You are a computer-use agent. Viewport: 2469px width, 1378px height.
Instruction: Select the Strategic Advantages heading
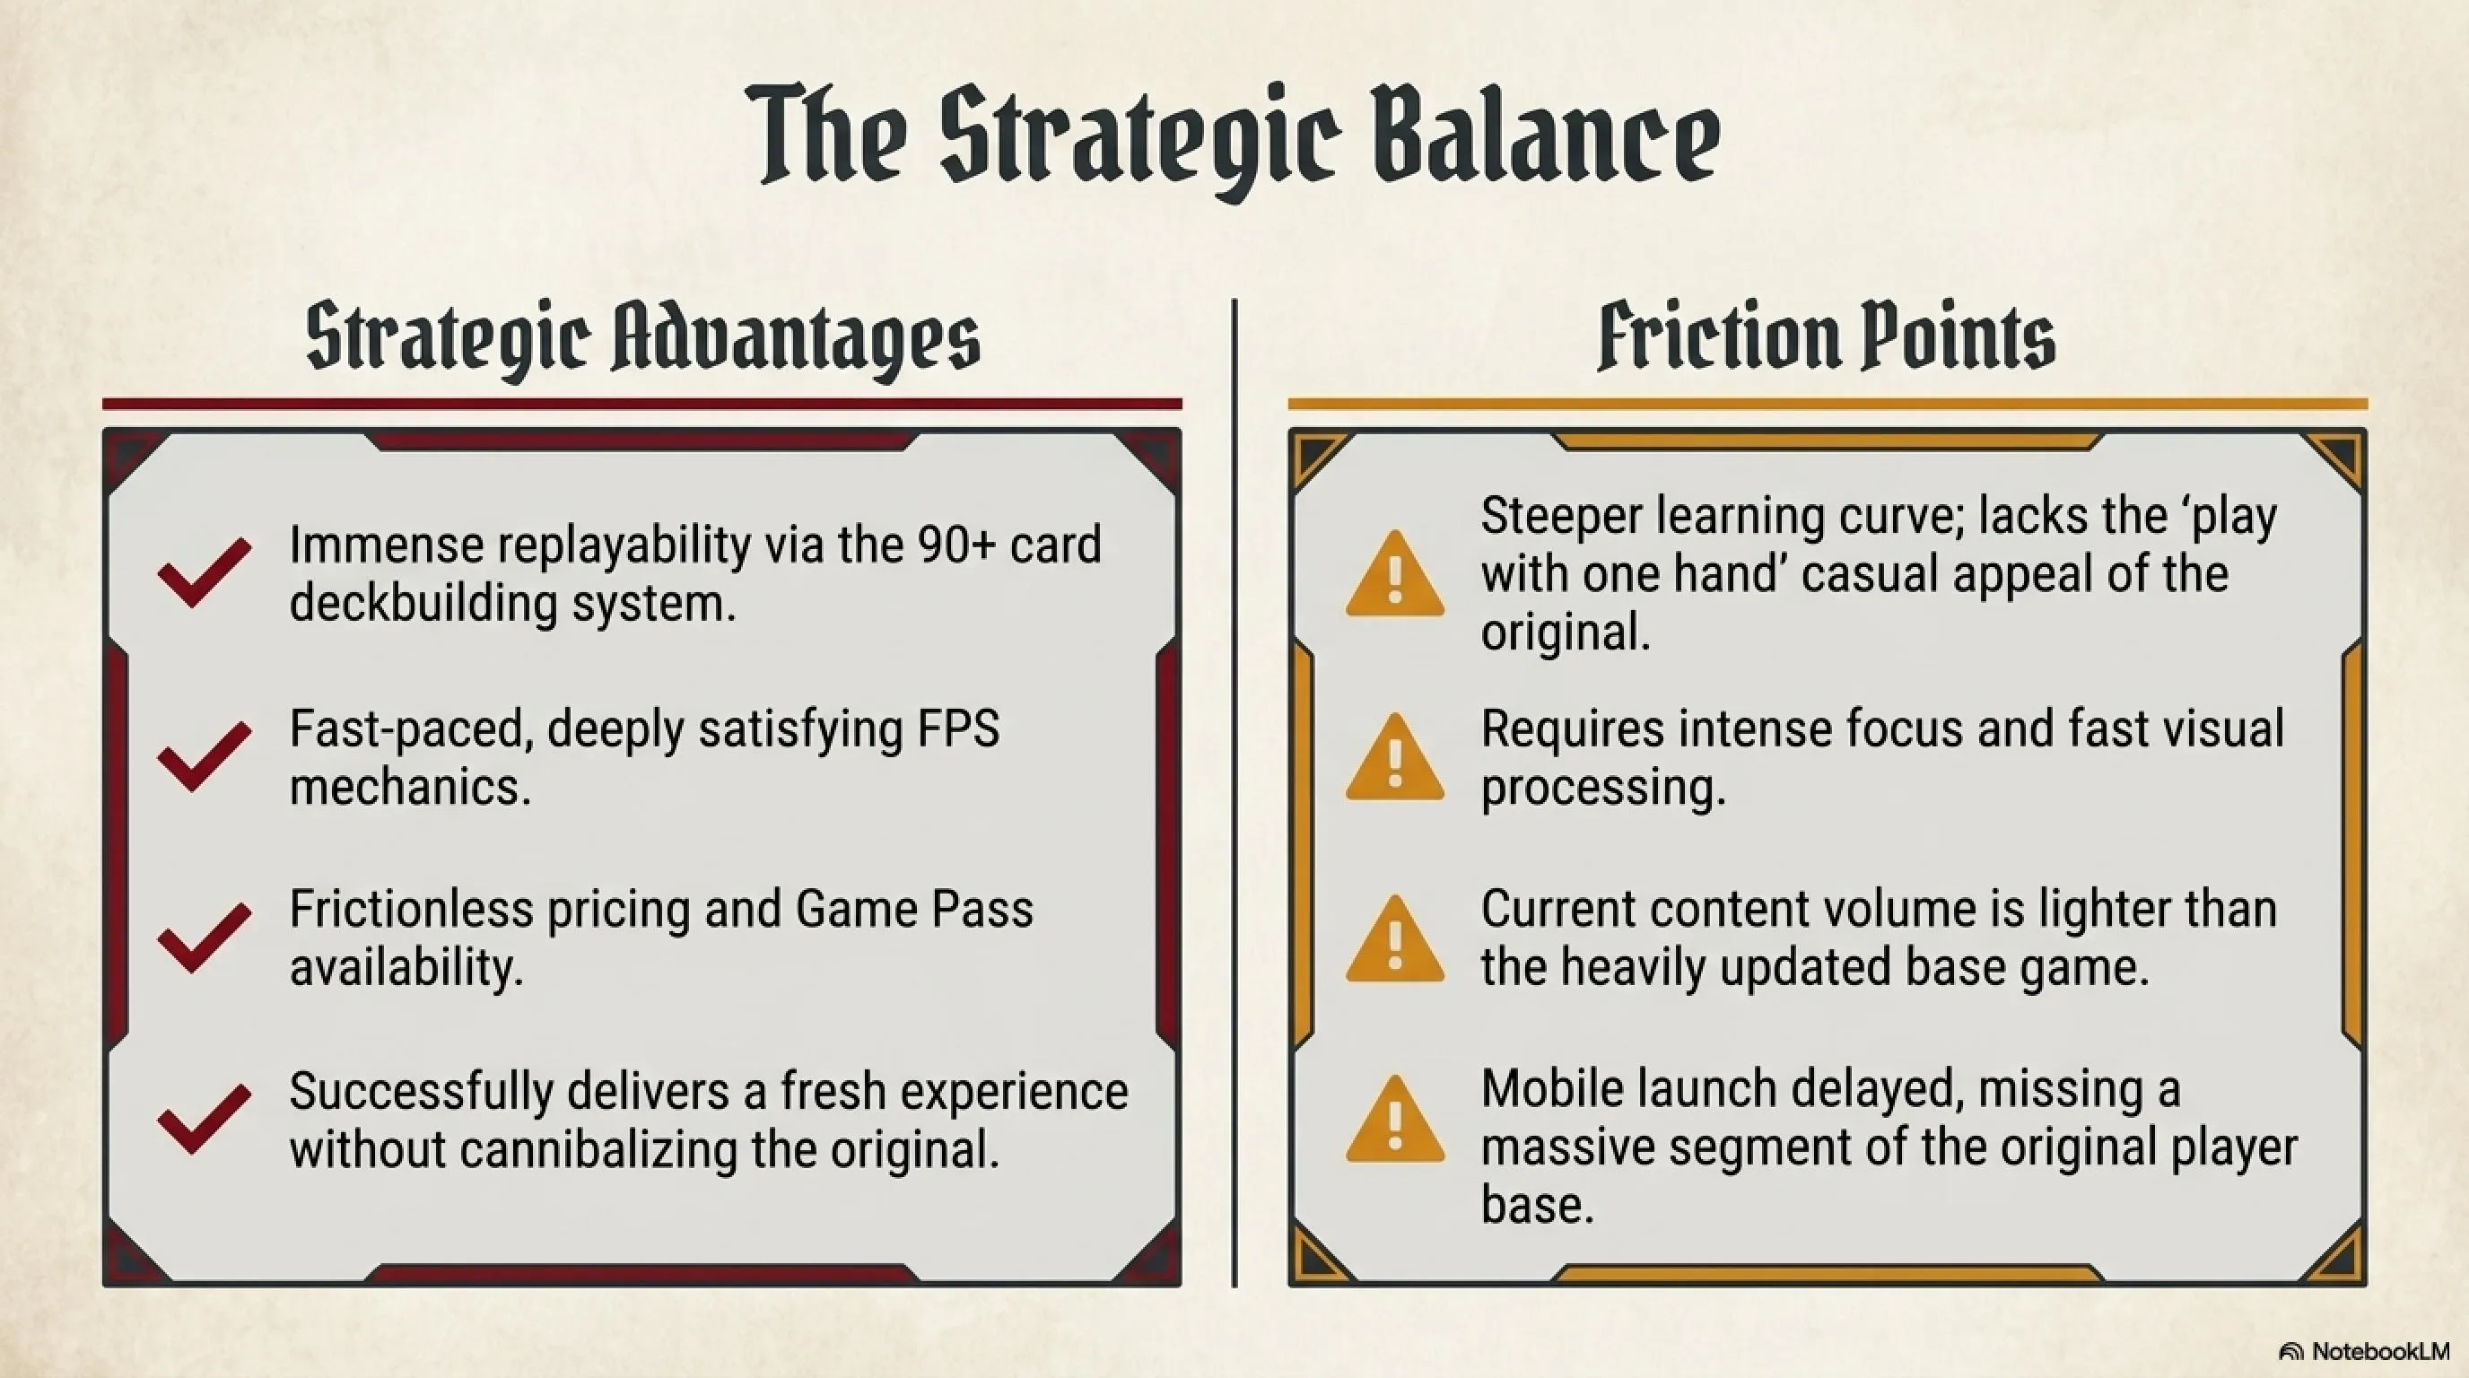[x=643, y=340]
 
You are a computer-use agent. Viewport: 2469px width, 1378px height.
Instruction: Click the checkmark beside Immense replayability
[x=205, y=571]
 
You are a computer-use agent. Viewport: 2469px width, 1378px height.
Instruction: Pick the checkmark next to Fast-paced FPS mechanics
[x=205, y=755]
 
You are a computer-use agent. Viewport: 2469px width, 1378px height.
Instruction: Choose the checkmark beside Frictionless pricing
[x=205, y=938]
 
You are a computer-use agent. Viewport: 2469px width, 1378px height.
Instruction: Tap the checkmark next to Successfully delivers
[x=205, y=1119]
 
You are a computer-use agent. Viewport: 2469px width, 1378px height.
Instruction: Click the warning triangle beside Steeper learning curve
[x=1394, y=573]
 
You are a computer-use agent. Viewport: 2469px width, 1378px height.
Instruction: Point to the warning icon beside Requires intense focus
[x=1394, y=756]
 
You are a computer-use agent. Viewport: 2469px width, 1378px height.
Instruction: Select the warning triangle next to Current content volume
[x=1394, y=938]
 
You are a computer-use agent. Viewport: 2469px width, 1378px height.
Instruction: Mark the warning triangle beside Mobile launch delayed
[x=1394, y=1119]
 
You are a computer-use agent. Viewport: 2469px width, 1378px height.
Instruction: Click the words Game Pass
[x=914, y=910]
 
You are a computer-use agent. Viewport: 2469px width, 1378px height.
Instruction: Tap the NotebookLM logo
[x=2363, y=1351]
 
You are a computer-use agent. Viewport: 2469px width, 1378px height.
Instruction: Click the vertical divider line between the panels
[x=1234, y=792]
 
